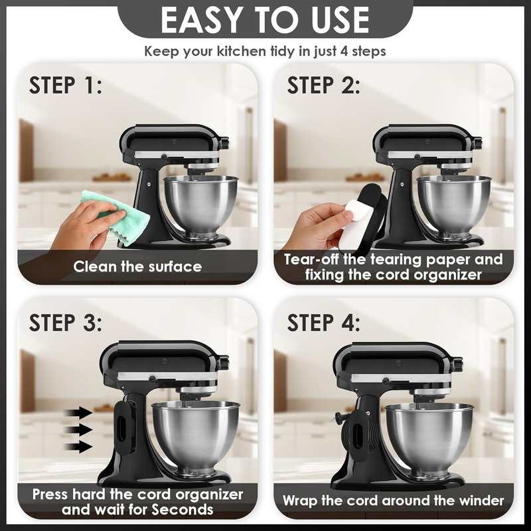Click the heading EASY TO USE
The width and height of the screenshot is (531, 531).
tap(265, 20)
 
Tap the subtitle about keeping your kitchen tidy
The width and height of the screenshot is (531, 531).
tap(265, 52)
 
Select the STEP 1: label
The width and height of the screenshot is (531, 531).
tap(65, 85)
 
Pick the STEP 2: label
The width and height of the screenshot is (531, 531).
tap(323, 85)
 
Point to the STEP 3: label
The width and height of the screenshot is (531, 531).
tap(65, 323)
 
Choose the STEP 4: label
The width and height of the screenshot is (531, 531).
tap(323, 323)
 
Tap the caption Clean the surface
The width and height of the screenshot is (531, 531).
tap(137, 267)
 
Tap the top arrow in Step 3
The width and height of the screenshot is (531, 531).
tap(78, 413)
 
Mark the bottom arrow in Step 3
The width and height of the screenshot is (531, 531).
tap(78, 447)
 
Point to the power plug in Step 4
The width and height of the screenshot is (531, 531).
tap(341, 417)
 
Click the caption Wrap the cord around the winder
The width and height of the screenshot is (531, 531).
tap(394, 500)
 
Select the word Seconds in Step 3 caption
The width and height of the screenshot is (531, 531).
tap(182, 509)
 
